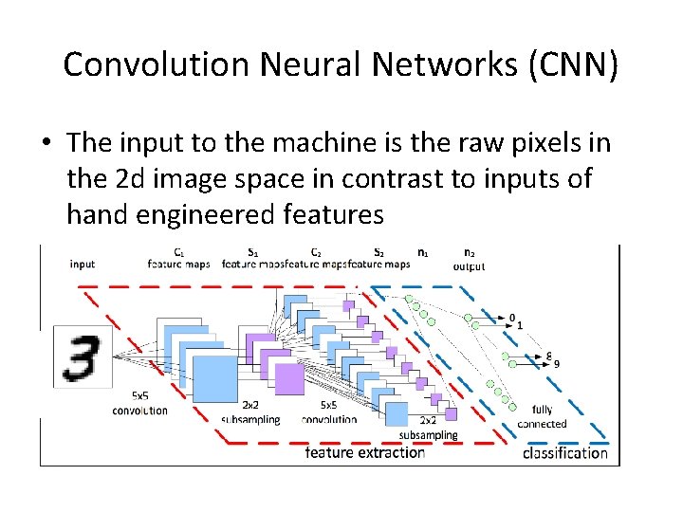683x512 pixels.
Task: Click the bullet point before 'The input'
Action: (46, 144)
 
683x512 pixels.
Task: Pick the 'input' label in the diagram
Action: (83, 264)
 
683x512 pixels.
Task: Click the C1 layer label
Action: (179, 252)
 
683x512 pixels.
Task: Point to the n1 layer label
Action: (423, 252)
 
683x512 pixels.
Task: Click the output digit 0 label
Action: (512, 318)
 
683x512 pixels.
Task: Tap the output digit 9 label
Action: (557, 363)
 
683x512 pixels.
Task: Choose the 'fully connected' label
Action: (542, 417)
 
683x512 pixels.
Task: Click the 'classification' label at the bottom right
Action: (565, 453)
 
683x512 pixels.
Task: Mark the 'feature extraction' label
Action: (365, 453)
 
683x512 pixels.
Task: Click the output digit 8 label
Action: (549, 355)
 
